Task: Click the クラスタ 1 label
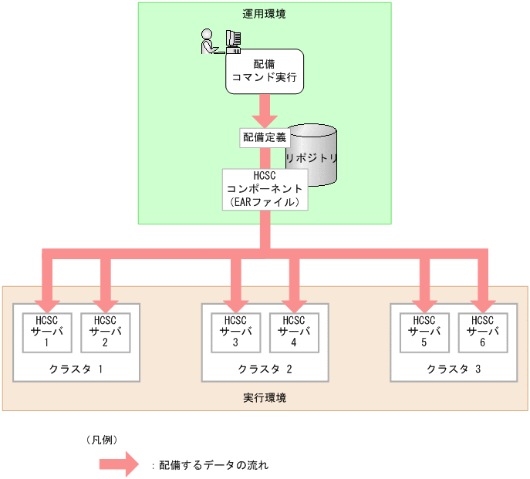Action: (76, 369)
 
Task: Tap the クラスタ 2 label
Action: (265, 369)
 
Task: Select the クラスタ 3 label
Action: (454, 369)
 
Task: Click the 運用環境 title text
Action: (265, 14)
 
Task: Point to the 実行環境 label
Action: (265, 398)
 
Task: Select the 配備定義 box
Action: (265, 137)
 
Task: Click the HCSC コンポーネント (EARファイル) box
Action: (265, 189)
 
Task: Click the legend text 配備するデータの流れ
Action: (213, 466)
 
